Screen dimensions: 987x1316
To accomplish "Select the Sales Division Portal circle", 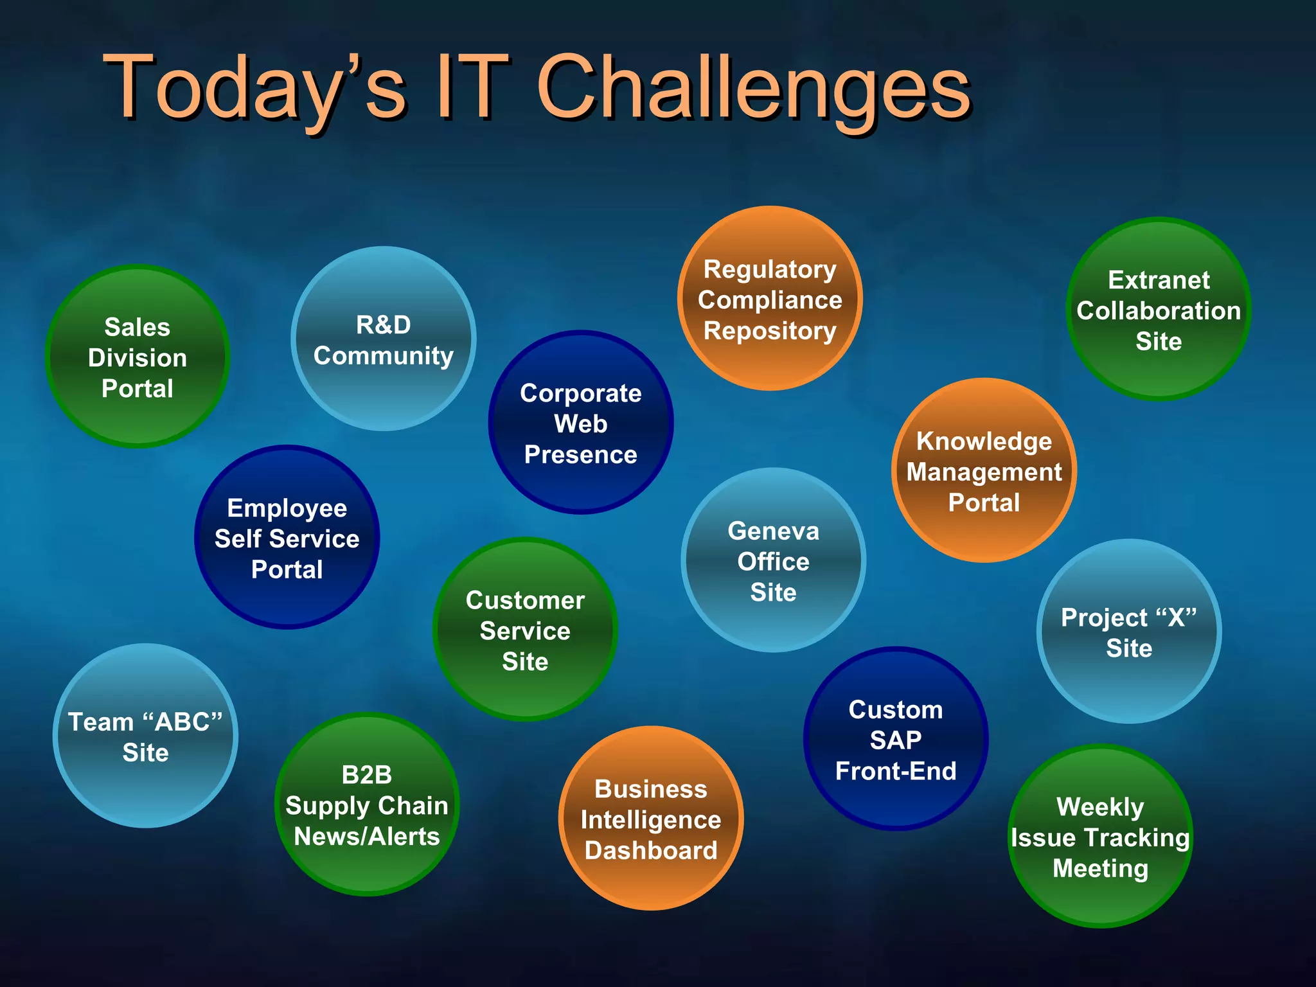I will click(x=138, y=357).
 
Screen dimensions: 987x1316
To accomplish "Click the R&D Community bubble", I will click(x=384, y=339).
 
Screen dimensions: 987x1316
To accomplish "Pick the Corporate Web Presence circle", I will click(x=581, y=423).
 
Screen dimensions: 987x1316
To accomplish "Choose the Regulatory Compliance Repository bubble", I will click(x=770, y=299).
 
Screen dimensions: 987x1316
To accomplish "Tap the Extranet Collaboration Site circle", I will click(x=1159, y=310).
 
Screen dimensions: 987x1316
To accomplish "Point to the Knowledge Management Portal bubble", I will click(x=984, y=471).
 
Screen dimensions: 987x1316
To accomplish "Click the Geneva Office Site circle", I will click(x=774, y=560).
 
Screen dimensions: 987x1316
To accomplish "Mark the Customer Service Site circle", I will click(x=525, y=630).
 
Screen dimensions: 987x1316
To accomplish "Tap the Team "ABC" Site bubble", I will click(x=146, y=736).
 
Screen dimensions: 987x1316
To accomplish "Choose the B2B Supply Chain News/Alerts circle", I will click(x=367, y=805).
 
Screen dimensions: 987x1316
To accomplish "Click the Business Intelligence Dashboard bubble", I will click(x=651, y=819).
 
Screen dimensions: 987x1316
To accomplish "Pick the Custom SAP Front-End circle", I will click(x=896, y=739).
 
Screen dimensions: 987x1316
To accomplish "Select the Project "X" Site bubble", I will click(x=1129, y=632).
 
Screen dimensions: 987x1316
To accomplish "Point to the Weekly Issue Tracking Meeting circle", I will click(x=1100, y=837).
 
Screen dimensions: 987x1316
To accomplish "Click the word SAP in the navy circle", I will click(x=896, y=740).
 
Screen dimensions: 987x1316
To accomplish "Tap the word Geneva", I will click(x=774, y=531).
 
